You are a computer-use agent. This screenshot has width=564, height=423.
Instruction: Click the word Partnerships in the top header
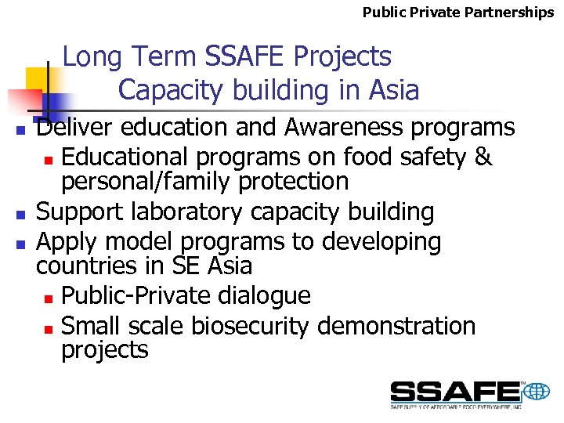pyautogui.click(x=512, y=13)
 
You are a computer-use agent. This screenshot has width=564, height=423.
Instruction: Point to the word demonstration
pyautogui.click(x=397, y=326)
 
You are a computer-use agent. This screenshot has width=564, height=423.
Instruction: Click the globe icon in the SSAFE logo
pyautogui.click(x=537, y=391)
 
